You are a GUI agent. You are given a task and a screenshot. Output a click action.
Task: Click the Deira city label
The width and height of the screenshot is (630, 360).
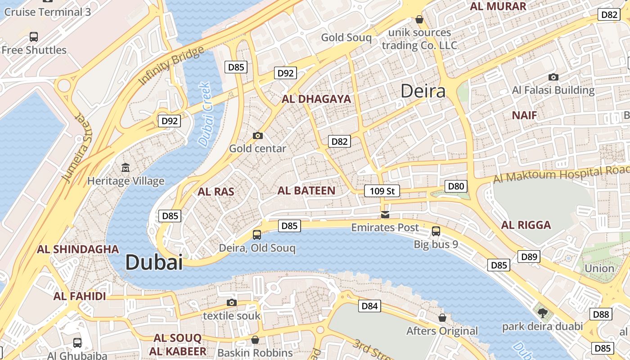(423, 91)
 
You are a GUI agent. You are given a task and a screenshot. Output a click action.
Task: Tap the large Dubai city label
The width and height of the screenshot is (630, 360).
(154, 262)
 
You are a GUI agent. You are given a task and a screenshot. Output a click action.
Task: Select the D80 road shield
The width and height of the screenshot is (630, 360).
(456, 186)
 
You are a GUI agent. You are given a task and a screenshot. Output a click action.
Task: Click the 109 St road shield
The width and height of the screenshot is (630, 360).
(382, 191)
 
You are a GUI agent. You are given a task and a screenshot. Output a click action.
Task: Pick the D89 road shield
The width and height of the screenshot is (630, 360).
(529, 257)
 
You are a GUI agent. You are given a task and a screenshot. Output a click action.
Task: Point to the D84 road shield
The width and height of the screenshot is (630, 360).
(370, 306)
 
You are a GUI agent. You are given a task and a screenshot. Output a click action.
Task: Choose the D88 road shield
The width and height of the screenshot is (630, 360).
(601, 314)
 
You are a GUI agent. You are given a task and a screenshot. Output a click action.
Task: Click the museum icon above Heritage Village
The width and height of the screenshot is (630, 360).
(126, 168)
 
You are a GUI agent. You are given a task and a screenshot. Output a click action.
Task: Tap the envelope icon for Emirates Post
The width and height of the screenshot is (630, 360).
(385, 214)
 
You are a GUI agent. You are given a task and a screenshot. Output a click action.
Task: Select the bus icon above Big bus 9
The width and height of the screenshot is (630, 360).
(436, 231)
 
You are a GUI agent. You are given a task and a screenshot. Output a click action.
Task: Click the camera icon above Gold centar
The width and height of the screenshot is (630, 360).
(258, 135)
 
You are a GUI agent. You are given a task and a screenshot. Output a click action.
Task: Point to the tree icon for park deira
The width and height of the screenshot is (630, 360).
(543, 313)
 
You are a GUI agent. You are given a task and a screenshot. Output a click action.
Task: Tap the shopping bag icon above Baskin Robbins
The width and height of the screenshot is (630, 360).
(255, 339)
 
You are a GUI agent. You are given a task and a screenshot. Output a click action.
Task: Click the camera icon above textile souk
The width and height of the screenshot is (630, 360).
(232, 302)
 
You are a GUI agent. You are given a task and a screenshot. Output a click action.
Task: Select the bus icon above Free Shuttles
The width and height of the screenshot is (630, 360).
(34, 37)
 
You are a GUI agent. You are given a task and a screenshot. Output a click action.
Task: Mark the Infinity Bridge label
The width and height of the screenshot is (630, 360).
(171, 66)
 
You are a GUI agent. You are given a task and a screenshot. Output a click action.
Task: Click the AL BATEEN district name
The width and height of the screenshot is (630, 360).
(306, 190)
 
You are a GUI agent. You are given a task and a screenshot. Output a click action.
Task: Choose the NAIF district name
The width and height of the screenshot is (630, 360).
(524, 115)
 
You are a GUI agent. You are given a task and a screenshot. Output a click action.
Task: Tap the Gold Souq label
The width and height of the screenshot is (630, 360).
(346, 38)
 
